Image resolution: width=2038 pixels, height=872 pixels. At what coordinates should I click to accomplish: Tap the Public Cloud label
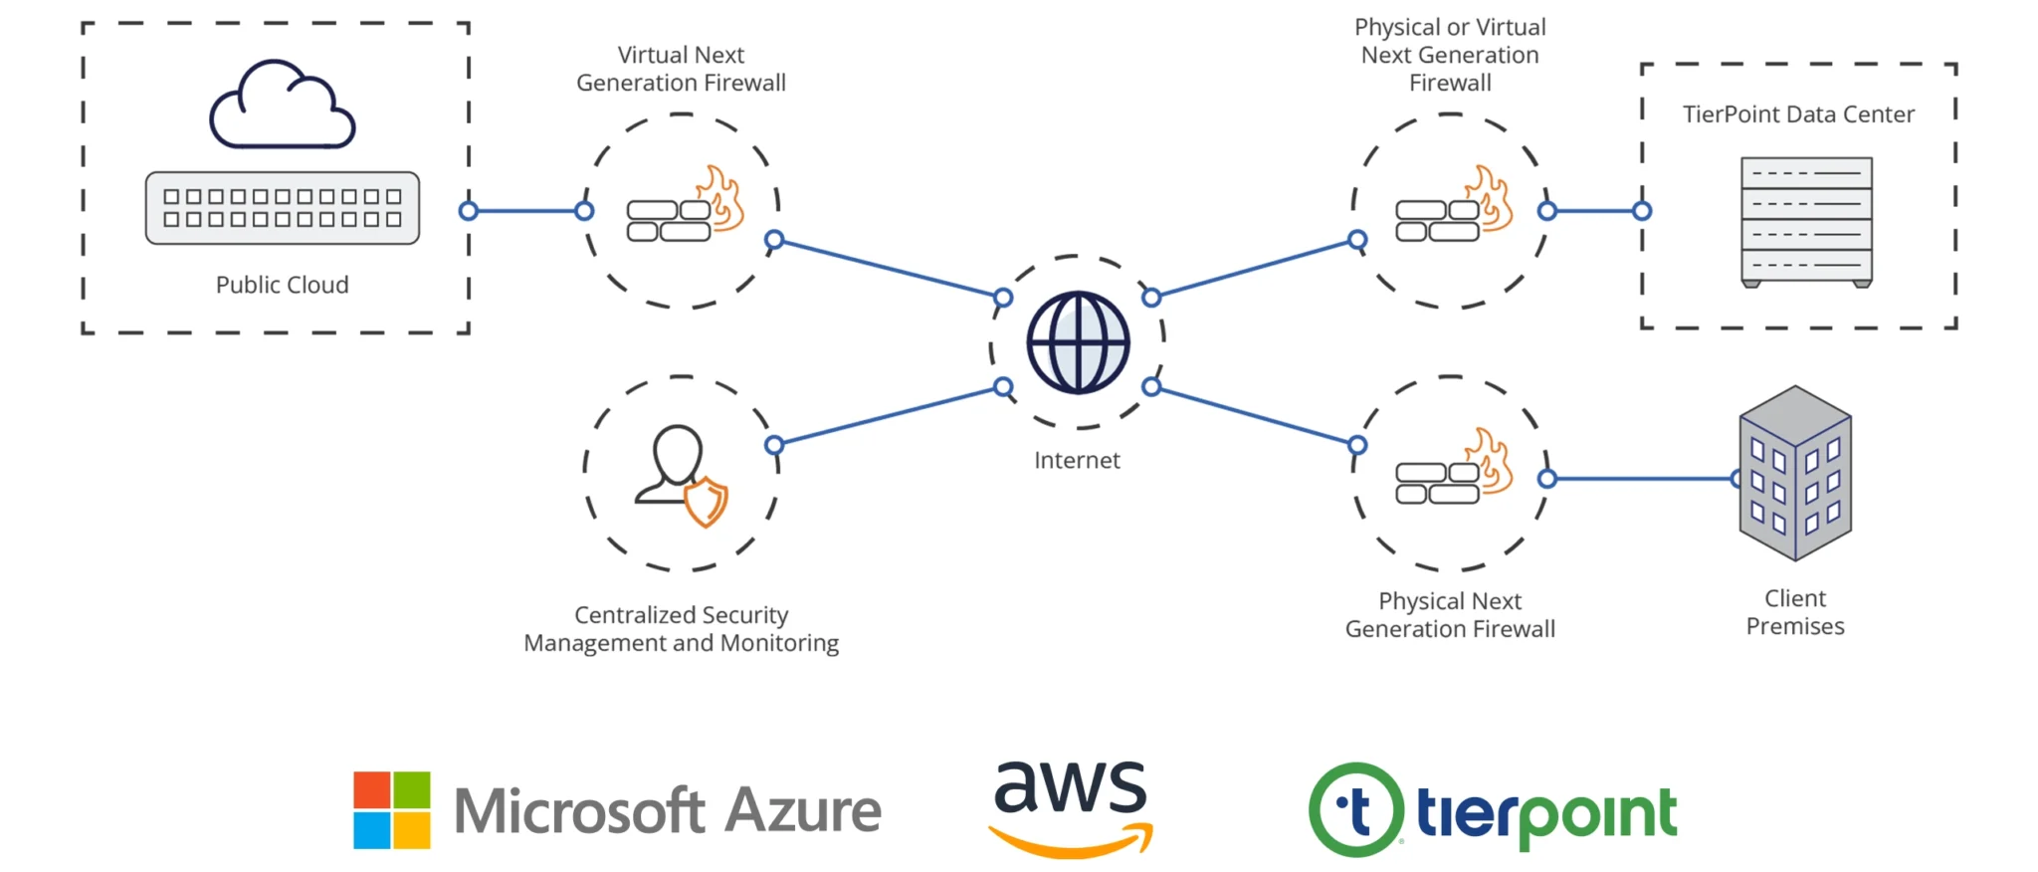tap(283, 285)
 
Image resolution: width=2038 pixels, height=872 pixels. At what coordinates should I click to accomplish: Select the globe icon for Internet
tap(1078, 342)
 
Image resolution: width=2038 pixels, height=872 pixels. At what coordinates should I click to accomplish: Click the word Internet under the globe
tap(1077, 460)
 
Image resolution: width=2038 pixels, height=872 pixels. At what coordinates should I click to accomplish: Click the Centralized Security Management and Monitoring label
tap(682, 629)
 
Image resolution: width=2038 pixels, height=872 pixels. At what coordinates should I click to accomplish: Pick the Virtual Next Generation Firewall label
tap(682, 69)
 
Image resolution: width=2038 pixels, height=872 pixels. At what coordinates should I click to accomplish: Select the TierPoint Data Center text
tap(1798, 114)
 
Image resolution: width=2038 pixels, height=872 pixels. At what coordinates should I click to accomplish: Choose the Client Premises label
tap(1795, 612)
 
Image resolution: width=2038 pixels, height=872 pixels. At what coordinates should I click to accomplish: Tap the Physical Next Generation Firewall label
tap(1450, 615)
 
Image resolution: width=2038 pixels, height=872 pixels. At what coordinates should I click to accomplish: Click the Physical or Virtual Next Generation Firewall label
tap(1450, 55)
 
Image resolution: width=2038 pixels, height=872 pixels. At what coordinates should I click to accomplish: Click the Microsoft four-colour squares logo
tap(392, 810)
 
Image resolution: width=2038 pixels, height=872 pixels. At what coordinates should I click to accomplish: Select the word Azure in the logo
tap(803, 810)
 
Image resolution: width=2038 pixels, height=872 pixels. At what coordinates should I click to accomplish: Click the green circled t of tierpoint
tap(1355, 810)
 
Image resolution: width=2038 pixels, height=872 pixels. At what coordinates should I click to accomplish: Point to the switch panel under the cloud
tap(283, 208)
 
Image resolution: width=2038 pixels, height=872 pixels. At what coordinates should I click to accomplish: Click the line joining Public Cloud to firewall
tap(526, 211)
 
